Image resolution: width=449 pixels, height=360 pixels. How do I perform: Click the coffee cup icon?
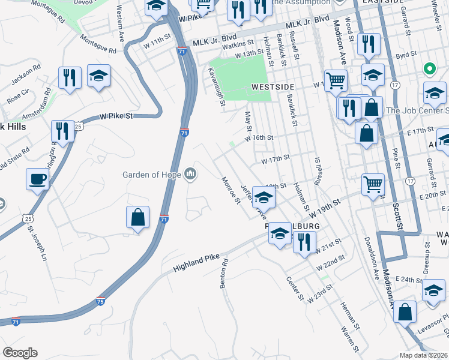38,179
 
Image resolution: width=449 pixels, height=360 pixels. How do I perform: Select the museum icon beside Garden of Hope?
191,175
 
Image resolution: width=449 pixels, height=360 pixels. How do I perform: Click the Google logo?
20,353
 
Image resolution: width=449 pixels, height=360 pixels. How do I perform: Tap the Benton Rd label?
224,274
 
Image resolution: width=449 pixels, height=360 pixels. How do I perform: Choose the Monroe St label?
231,190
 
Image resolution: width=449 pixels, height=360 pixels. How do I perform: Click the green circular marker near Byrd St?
429,69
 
